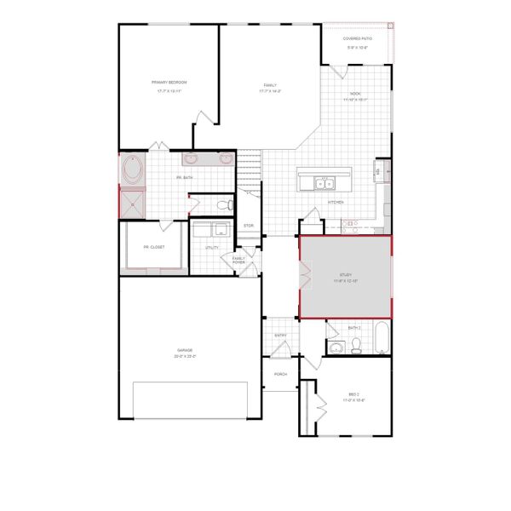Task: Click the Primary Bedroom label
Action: (x=169, y=82)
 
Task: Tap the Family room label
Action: (x=270, y=85)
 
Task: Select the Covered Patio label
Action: (x=357, y=39)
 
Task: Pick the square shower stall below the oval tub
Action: (x=133, y=202)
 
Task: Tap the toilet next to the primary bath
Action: (x=224, y=204)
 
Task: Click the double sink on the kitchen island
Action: (x=324, y=182)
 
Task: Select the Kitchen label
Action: (x=336, y=202)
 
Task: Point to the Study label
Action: (x=345, y=275)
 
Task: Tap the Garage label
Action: (x=185, y=350)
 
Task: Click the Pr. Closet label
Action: (x=153, y=247)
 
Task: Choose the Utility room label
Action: (x=212, y=248)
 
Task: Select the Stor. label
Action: (x=249, y=225)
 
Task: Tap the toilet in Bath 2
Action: (x=357, y=345)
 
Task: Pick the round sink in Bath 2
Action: (x=336, y=346)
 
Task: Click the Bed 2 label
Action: (x=355, y=394)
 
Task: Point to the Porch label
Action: (x=279, y=374)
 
